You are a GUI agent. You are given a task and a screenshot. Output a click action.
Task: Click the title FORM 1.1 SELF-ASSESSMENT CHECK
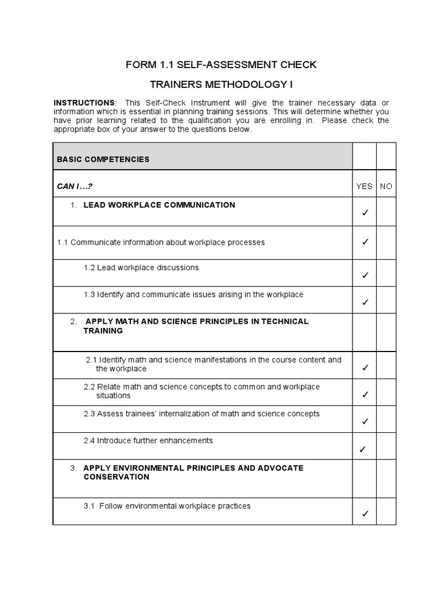click(221, 64)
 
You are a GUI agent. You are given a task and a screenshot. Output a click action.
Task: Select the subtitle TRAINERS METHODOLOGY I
click(221, 85)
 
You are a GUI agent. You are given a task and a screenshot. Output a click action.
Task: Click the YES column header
click(364, 186)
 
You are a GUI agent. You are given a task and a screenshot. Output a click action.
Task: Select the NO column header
click(386, 186)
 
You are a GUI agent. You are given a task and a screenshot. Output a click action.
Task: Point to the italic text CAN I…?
click(75, 186)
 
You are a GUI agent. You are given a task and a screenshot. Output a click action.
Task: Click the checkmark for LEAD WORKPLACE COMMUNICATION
click(365, 214)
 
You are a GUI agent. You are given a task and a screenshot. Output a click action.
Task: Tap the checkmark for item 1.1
click(365, 242)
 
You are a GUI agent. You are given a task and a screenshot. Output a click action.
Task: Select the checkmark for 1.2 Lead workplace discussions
click(365, 276)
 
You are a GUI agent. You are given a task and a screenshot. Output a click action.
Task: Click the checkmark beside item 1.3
click(365, 302)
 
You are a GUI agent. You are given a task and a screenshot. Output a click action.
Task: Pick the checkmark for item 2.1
click(365, 368)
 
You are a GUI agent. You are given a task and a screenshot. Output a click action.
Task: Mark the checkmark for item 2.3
click(365, 422)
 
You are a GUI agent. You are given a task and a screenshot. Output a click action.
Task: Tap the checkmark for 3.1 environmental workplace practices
click(365, 514)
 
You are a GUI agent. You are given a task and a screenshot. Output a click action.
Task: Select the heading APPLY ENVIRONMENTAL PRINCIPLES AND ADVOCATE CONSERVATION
click(193, 472)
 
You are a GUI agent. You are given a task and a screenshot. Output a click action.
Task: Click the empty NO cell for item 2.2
click(386, 392)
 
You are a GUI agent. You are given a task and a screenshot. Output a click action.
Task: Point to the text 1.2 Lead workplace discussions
click(141, 268)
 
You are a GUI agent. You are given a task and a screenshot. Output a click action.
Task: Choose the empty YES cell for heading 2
click(364, 332)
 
